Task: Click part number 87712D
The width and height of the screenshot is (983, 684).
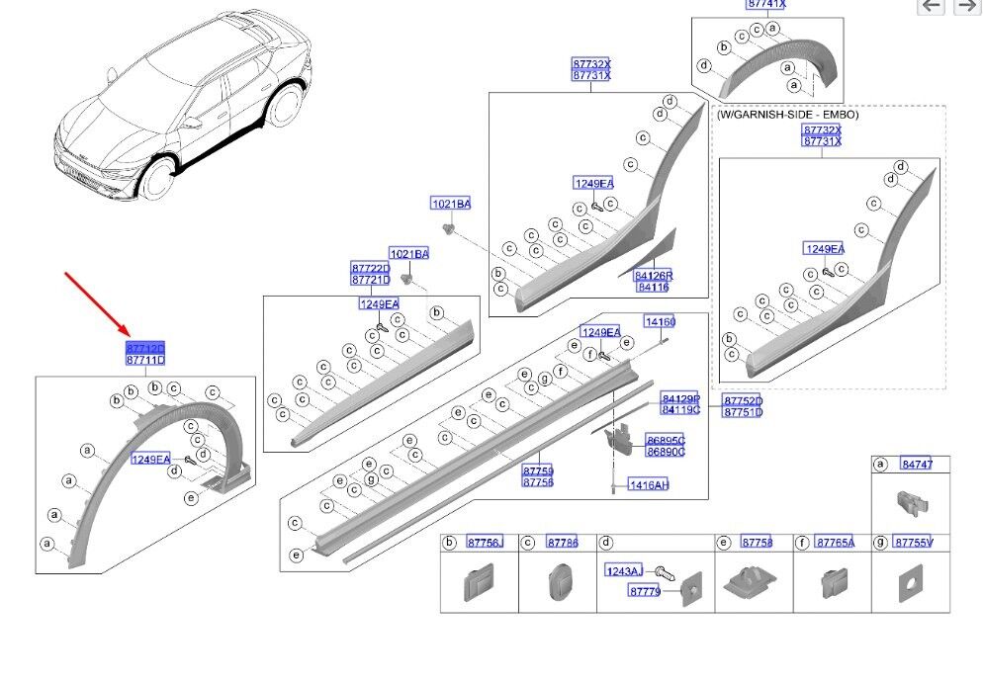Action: pyautogui.click(x=144, y=349)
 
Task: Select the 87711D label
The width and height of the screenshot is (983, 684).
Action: pyautogui.click(x=144, y=361)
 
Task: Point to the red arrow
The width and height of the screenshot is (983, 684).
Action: pyautogui.click(x=95, y=302)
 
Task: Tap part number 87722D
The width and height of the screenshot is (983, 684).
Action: pyautogui.click(x=370, y=269)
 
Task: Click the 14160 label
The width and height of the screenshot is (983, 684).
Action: pyautogui.click(x=660, y=322)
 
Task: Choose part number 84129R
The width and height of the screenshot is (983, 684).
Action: pyautogui.click(x=680, y=398)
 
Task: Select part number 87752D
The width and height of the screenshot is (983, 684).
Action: pyautogui.click(x=743, y=401)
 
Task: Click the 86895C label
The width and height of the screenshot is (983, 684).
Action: pyautogui.click(x=666, y=440)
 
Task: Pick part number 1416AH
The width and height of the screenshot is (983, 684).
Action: pyautogui.click(x=649, y=485)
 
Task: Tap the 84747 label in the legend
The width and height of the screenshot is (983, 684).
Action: pyautogui.click(x=917, y=464)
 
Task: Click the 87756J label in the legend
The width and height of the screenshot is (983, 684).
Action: pyautogui.click(x=485, y=543)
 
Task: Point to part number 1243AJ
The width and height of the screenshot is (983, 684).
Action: pyautogui.click(x=623, y=571)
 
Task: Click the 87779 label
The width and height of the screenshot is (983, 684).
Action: pyautogui.click(x=645, y=591)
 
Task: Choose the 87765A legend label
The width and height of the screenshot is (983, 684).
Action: pyautogui.click(x=836, y=543)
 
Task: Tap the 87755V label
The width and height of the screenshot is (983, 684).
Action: pyautogui.click(x=913, y=543)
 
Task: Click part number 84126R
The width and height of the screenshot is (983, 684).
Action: pyautogui.click(x=653, y=276)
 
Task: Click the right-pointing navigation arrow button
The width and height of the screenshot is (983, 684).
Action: pyautogui.click(x=965, y=7)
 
